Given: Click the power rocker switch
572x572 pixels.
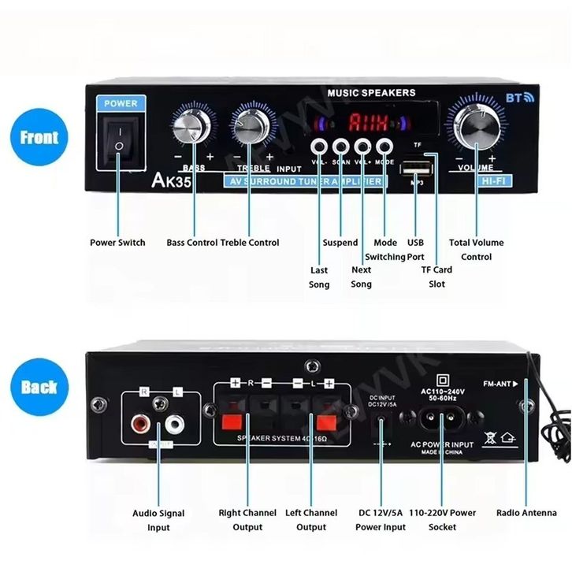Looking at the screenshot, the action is [119, 143].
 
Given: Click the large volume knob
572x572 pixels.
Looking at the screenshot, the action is [477, 125].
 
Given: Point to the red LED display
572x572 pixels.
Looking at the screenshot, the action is [363, 122].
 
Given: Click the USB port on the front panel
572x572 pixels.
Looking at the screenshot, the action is [415, 169].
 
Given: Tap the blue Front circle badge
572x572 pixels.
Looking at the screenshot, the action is [39, 137].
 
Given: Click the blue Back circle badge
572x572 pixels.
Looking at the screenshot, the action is [39, 386].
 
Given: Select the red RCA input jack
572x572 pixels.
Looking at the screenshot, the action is [144, 425].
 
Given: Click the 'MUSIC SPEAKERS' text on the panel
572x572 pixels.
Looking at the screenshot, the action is [371, 92].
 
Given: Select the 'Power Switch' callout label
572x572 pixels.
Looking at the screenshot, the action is [117, 243].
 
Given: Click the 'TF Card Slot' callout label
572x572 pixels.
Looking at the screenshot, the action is [437, 277].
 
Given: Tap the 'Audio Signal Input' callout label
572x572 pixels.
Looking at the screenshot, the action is [158, 520].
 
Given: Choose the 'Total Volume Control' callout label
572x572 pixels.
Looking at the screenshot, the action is [476, 250].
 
